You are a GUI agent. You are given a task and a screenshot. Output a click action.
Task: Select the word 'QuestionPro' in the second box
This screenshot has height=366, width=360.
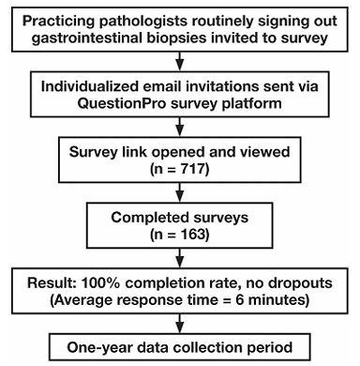point(122,103)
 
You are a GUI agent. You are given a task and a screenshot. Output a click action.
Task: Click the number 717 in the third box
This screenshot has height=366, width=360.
point(191,169)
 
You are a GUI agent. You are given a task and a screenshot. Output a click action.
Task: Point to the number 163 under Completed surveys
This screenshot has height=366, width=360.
point(192,235)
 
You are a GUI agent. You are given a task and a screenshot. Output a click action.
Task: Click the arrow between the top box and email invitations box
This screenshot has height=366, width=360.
point(180,61)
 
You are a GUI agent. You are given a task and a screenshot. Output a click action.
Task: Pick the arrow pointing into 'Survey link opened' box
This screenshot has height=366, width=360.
point(180,127)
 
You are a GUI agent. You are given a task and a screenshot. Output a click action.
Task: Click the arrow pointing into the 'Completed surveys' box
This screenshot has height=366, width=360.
point(180,192)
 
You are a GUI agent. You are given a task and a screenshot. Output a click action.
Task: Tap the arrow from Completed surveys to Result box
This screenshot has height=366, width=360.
point(180,258)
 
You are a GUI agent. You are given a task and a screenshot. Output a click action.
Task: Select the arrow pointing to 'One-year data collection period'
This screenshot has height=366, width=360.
point(180,324)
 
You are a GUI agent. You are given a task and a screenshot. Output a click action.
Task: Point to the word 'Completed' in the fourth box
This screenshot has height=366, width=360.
point(145,218)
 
